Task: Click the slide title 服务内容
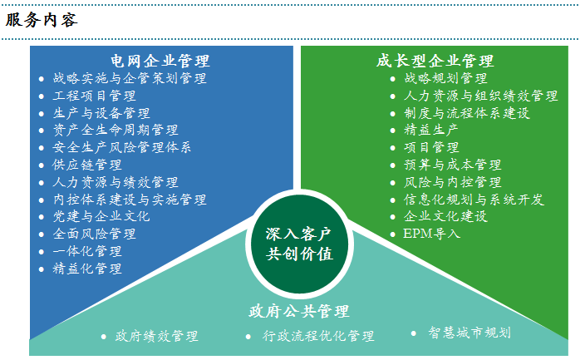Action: (42, 20)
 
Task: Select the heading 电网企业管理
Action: (160, 61)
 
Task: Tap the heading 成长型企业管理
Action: (435, 61)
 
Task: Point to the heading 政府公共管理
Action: (298, 312)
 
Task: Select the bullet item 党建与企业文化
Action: (101, 216)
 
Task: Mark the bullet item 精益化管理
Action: (86, 269)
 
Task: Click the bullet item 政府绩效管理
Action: (156, 337)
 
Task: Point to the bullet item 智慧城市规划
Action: (469, 333)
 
